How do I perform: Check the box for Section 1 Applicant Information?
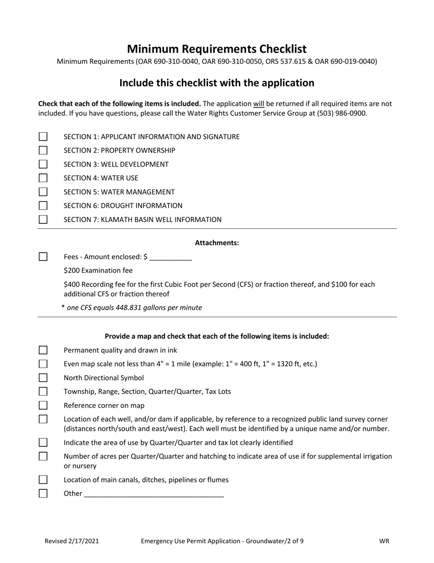click(43, 136)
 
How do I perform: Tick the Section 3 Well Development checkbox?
click(43, 164)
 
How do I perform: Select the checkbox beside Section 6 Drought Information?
click(43, 206)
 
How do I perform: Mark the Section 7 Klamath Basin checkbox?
click(43, 219)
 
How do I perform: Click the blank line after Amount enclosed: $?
click(170, 257)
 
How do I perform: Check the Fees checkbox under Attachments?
click(43, 257)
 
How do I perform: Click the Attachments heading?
click(217, 243)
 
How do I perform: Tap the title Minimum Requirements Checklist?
click(217, 49)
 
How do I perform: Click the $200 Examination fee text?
click(98, 271)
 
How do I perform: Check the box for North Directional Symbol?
click(43, 378)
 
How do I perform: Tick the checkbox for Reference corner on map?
click(43, 405)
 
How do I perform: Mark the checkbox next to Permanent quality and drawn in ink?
click(43, 350)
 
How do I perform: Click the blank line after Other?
click(154, 494)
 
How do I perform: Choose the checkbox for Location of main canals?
click(43, 480)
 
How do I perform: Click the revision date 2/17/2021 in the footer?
click(85, 541)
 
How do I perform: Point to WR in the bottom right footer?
click(384, 541)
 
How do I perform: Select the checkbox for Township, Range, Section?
click(43, 391)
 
